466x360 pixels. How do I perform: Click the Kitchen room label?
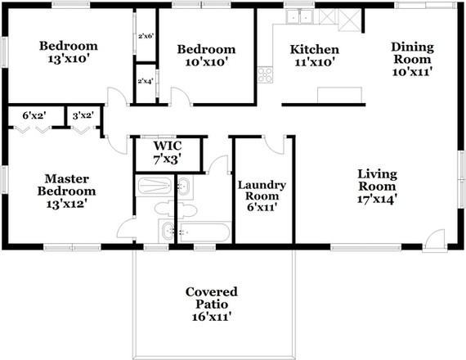[x=315, y=50]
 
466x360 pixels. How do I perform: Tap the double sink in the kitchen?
[x=299, y=16]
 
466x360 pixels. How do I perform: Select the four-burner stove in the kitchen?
[x=266, y=75]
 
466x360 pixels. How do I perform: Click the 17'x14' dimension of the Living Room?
[x=377, y=199]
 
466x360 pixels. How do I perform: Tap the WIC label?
[x=167, y=146]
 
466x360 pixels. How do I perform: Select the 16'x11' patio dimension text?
[x=211, y=316]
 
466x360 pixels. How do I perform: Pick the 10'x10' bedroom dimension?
[x=206, y=61]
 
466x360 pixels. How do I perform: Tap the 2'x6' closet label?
[x=146, y=36]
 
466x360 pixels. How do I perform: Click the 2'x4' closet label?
[x=146, y=81]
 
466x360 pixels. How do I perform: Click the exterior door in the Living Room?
[x=435, y=240]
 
